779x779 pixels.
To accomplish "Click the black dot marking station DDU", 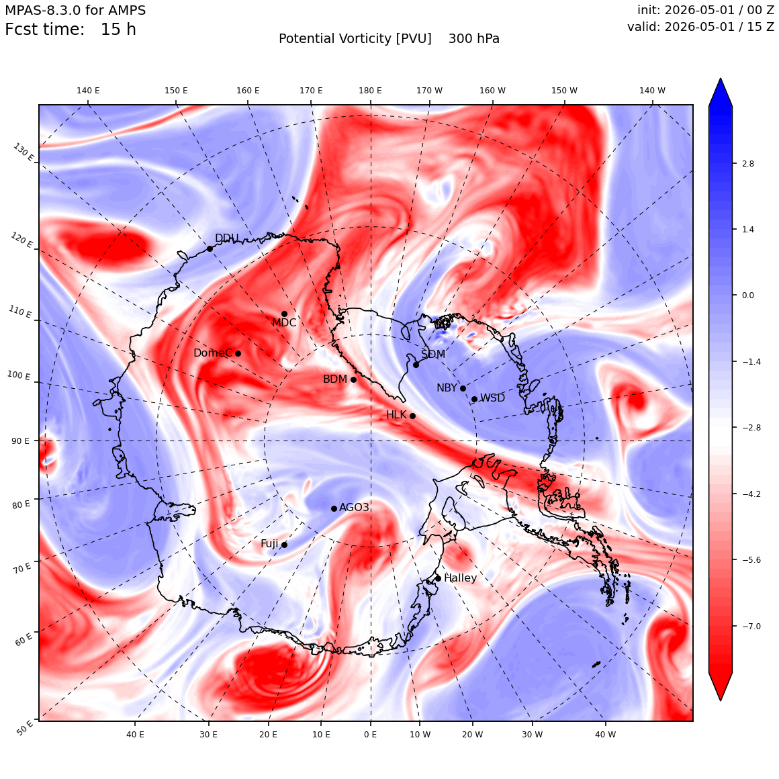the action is click(x=210, y=248).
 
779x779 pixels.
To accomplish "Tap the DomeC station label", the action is click(x=213, y=353).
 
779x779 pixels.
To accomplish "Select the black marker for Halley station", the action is click(x=438, y=578).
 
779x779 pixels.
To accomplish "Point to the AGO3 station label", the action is click(x=354, y=507).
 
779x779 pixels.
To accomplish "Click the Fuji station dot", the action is click(x=285, y=545).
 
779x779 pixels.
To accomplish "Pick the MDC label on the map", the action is click(x=284, y=323).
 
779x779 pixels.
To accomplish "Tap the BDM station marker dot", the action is click(x=354, y=379).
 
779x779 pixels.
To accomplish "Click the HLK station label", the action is click(x=396, y=415).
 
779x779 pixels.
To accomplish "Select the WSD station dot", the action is click(x=475, y=399).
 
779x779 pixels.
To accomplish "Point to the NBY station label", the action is click(x=447, y=388).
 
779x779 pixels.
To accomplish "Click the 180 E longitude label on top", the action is click(x=371, y=91).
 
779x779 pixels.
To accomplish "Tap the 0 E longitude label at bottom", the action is click(x=370, y=734).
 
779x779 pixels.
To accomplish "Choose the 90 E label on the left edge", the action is click(x=20, y=441).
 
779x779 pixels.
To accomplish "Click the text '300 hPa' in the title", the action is click(x=474, y=39).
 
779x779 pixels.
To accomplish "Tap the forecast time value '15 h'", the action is click(x=118, y=30).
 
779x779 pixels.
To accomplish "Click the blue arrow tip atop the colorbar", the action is click(x=721, y=79).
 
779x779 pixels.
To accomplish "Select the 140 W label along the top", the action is click(x=652, y=91).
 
